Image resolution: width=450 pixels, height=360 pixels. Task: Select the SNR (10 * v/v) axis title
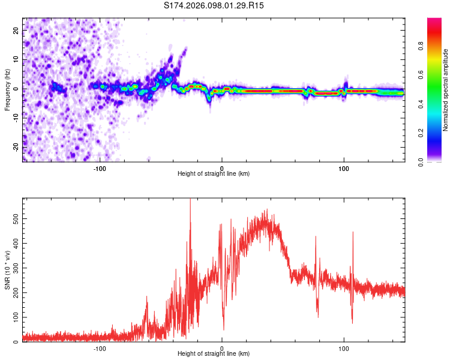coord(8,270)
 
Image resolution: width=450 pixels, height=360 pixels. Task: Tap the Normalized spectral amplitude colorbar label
coord(446,90)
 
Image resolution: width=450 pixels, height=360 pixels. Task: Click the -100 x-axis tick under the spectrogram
coord(100,167)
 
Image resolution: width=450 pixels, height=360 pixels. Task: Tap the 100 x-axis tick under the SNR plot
coord(344,347)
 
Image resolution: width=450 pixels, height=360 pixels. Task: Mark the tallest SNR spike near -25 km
coord(190,201)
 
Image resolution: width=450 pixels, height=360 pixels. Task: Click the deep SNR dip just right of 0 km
coord(224,328)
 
